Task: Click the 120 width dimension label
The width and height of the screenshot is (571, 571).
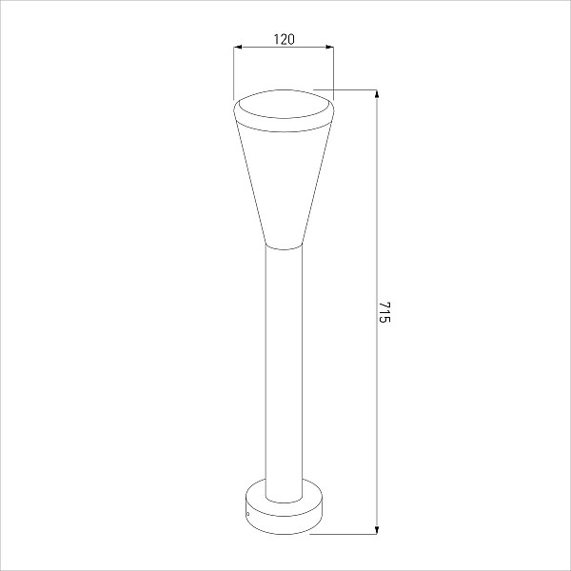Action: [284, 39]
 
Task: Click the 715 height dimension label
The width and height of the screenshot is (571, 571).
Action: [384, 312]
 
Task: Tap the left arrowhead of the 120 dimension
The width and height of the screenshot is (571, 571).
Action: [238, 47]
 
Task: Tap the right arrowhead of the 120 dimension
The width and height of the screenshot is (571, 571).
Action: [329, 47]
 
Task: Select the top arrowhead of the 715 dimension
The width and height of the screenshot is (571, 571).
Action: [377, 93]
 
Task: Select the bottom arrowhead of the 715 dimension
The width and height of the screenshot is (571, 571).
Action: [377, 530]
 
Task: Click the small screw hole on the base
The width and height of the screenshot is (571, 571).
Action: [248, 515]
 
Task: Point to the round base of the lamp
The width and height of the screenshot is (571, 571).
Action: [284, 517]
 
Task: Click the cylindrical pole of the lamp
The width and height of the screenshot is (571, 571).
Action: [284, 371]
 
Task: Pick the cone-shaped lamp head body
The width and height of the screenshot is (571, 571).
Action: [284, 182]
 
